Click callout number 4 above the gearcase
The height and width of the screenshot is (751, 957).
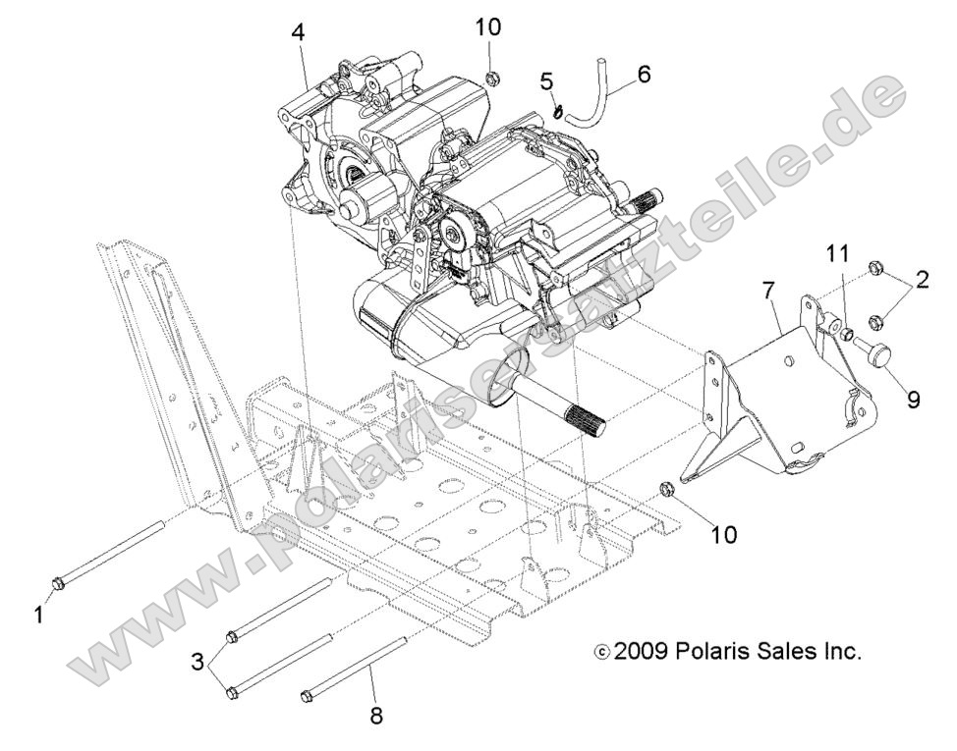[298, 31]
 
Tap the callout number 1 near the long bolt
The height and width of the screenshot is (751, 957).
[39, 615]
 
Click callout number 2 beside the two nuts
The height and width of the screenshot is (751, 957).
[921, 281]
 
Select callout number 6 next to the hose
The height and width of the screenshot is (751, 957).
[644, 75]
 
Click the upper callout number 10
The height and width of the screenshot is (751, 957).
[488, 27]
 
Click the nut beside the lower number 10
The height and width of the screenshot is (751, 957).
[664, 488]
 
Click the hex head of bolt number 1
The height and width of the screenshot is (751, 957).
[57, 583]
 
